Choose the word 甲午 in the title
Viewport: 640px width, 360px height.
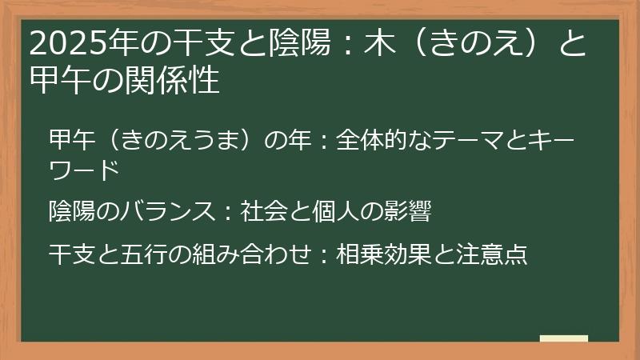58,80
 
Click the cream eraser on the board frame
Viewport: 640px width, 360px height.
563,338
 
